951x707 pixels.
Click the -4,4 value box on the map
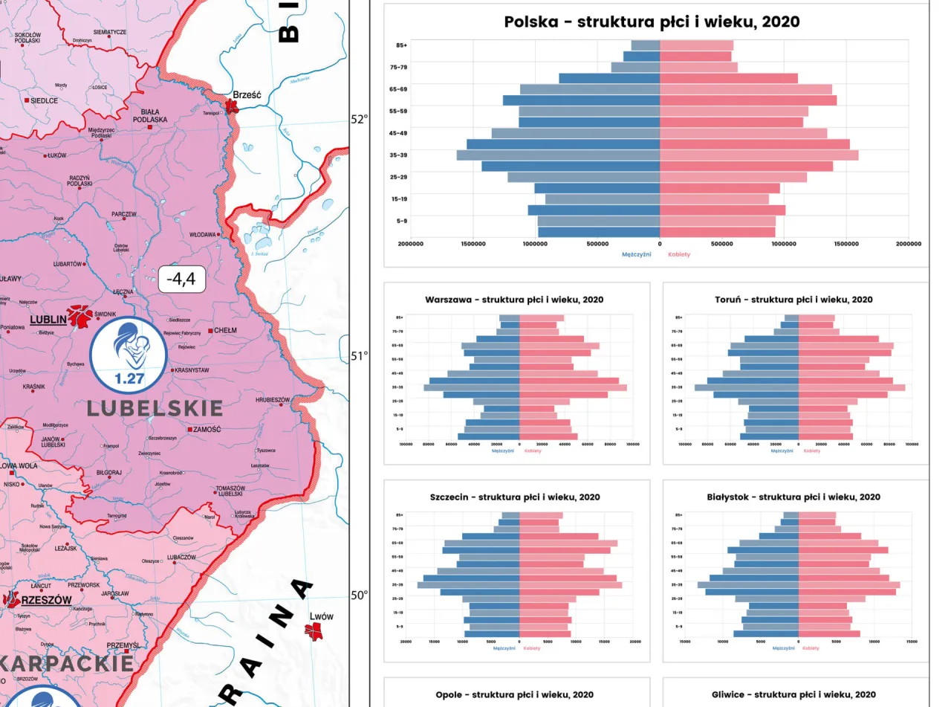click(181, 280)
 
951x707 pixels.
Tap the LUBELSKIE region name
click(155, 408)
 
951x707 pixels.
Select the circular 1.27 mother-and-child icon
click(129, 355)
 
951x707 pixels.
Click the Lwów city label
click(321, 616)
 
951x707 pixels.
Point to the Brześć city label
click(247, 95)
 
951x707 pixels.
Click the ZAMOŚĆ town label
click(207, 430)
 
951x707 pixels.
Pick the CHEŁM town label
click(224, 330)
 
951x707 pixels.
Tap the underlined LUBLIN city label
click(48, 320)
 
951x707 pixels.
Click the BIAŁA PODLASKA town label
click(150, 115)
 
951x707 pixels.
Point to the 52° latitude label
click(359, 119)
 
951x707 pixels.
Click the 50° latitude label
click(359, 595)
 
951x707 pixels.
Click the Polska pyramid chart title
click(652, 22)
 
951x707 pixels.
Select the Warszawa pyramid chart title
click(514, 300)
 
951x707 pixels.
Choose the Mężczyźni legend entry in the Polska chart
click(636, 254)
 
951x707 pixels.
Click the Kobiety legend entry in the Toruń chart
click(811, 451)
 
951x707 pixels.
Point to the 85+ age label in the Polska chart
click(401, 45)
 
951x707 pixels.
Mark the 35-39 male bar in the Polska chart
click(558, 155)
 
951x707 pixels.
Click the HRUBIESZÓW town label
click(273, 400)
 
